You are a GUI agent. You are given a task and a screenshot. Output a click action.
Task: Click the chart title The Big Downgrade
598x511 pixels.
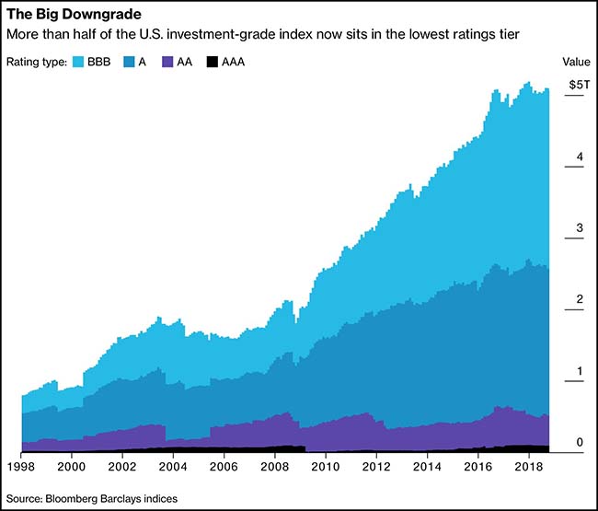click(x=66, y=15)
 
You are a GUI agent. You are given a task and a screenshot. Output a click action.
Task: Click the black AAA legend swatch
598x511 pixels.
click(x=213, y=63)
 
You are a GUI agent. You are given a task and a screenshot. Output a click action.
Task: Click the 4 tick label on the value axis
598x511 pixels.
click(x=580, y=157)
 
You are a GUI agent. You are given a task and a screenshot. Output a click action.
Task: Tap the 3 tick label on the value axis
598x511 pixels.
click(x=580, y=228)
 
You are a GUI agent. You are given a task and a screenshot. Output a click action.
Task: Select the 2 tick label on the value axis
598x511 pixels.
click(x=580, y=299)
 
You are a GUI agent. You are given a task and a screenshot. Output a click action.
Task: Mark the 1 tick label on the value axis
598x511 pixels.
click(x=580, y=371)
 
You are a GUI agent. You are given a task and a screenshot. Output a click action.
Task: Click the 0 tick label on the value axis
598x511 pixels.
click(x=580, y=443)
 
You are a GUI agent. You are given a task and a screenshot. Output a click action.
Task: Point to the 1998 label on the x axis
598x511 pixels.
click(x=22, y=469)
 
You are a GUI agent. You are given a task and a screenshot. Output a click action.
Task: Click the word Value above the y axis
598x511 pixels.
click(x=576, y=62)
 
